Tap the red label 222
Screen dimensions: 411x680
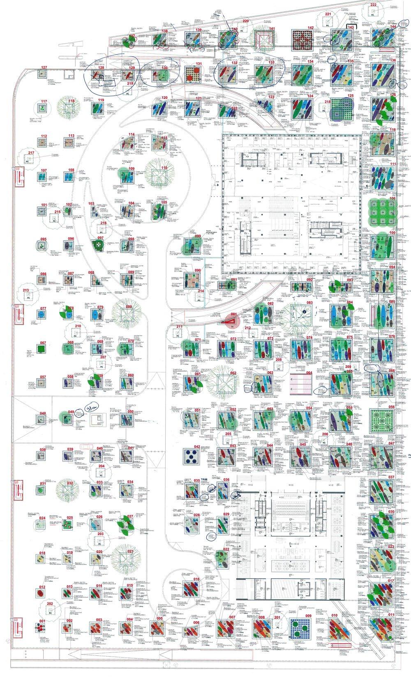coord(373,5)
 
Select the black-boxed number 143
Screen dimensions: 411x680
coord(350,26)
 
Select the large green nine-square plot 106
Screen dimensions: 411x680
coord(382,212)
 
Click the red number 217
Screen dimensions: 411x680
coord(31,153)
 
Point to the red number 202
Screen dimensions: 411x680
coord(50,604)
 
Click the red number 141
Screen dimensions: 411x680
coord(272,28)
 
